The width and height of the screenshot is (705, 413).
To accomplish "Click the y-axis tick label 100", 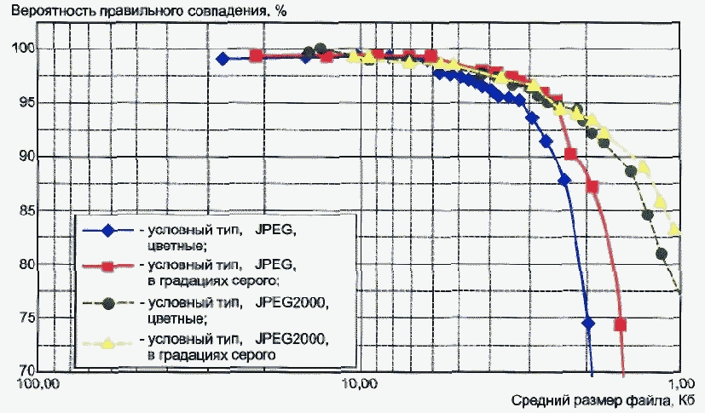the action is click(21, 48).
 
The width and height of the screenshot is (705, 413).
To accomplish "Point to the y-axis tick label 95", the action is click(26, 102).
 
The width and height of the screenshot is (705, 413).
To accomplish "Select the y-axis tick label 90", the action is click(26, 156).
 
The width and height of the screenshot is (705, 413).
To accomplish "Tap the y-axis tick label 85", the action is click(26, 209).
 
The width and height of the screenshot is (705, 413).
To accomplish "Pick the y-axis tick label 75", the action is click(26, 318).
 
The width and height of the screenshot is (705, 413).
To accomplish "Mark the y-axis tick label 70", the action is click(26, 370).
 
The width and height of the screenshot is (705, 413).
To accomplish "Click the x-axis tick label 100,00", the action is click(38, 385).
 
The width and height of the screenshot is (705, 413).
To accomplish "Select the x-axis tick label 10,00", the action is click(360, 385).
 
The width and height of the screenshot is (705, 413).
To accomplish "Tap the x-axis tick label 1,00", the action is click(681, 385).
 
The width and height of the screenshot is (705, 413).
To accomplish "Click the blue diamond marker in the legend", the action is click(107, 231).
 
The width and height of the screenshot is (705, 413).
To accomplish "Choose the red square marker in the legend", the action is click(107, 267).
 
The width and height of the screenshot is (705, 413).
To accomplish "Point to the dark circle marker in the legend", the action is click(107, 303).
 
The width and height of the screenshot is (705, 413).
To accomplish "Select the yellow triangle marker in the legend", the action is click(107, 344).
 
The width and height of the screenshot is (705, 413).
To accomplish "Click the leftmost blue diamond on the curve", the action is click(222, 59).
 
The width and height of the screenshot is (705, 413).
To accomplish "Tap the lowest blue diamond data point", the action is click(587, 324).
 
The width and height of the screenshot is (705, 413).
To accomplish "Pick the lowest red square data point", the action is click(621, 324).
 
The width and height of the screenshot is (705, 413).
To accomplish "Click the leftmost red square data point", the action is click(256, 56).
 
